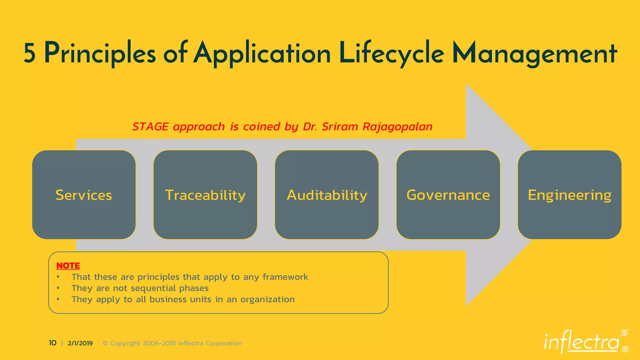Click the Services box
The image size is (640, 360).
[x=84, y=195]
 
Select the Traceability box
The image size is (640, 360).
[x=205, y=195]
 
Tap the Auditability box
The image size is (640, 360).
[x=327, y=195]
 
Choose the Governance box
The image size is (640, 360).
[x=448, y=195]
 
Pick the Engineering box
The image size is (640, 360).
[x=569, y=195]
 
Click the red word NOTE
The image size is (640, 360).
[x=68, y=266]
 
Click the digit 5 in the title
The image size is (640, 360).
[x=29, y=53]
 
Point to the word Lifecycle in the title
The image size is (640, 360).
[x=391, y=53]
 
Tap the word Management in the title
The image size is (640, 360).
[x=534, y=53]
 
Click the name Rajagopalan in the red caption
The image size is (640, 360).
[x=397, y=127]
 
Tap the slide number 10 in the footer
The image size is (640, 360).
[x=52, y=343]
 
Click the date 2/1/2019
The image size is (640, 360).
[x=80, y=343]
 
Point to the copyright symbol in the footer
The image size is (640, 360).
[x=105, y=343]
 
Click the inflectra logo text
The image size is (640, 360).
[x=581, y=342]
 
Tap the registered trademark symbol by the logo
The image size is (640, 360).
[x=625, y=349]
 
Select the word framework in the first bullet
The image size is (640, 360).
[x=285, y=277]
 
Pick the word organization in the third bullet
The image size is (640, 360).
[x=267, y=299]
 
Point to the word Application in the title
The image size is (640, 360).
[x=262, y=53]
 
